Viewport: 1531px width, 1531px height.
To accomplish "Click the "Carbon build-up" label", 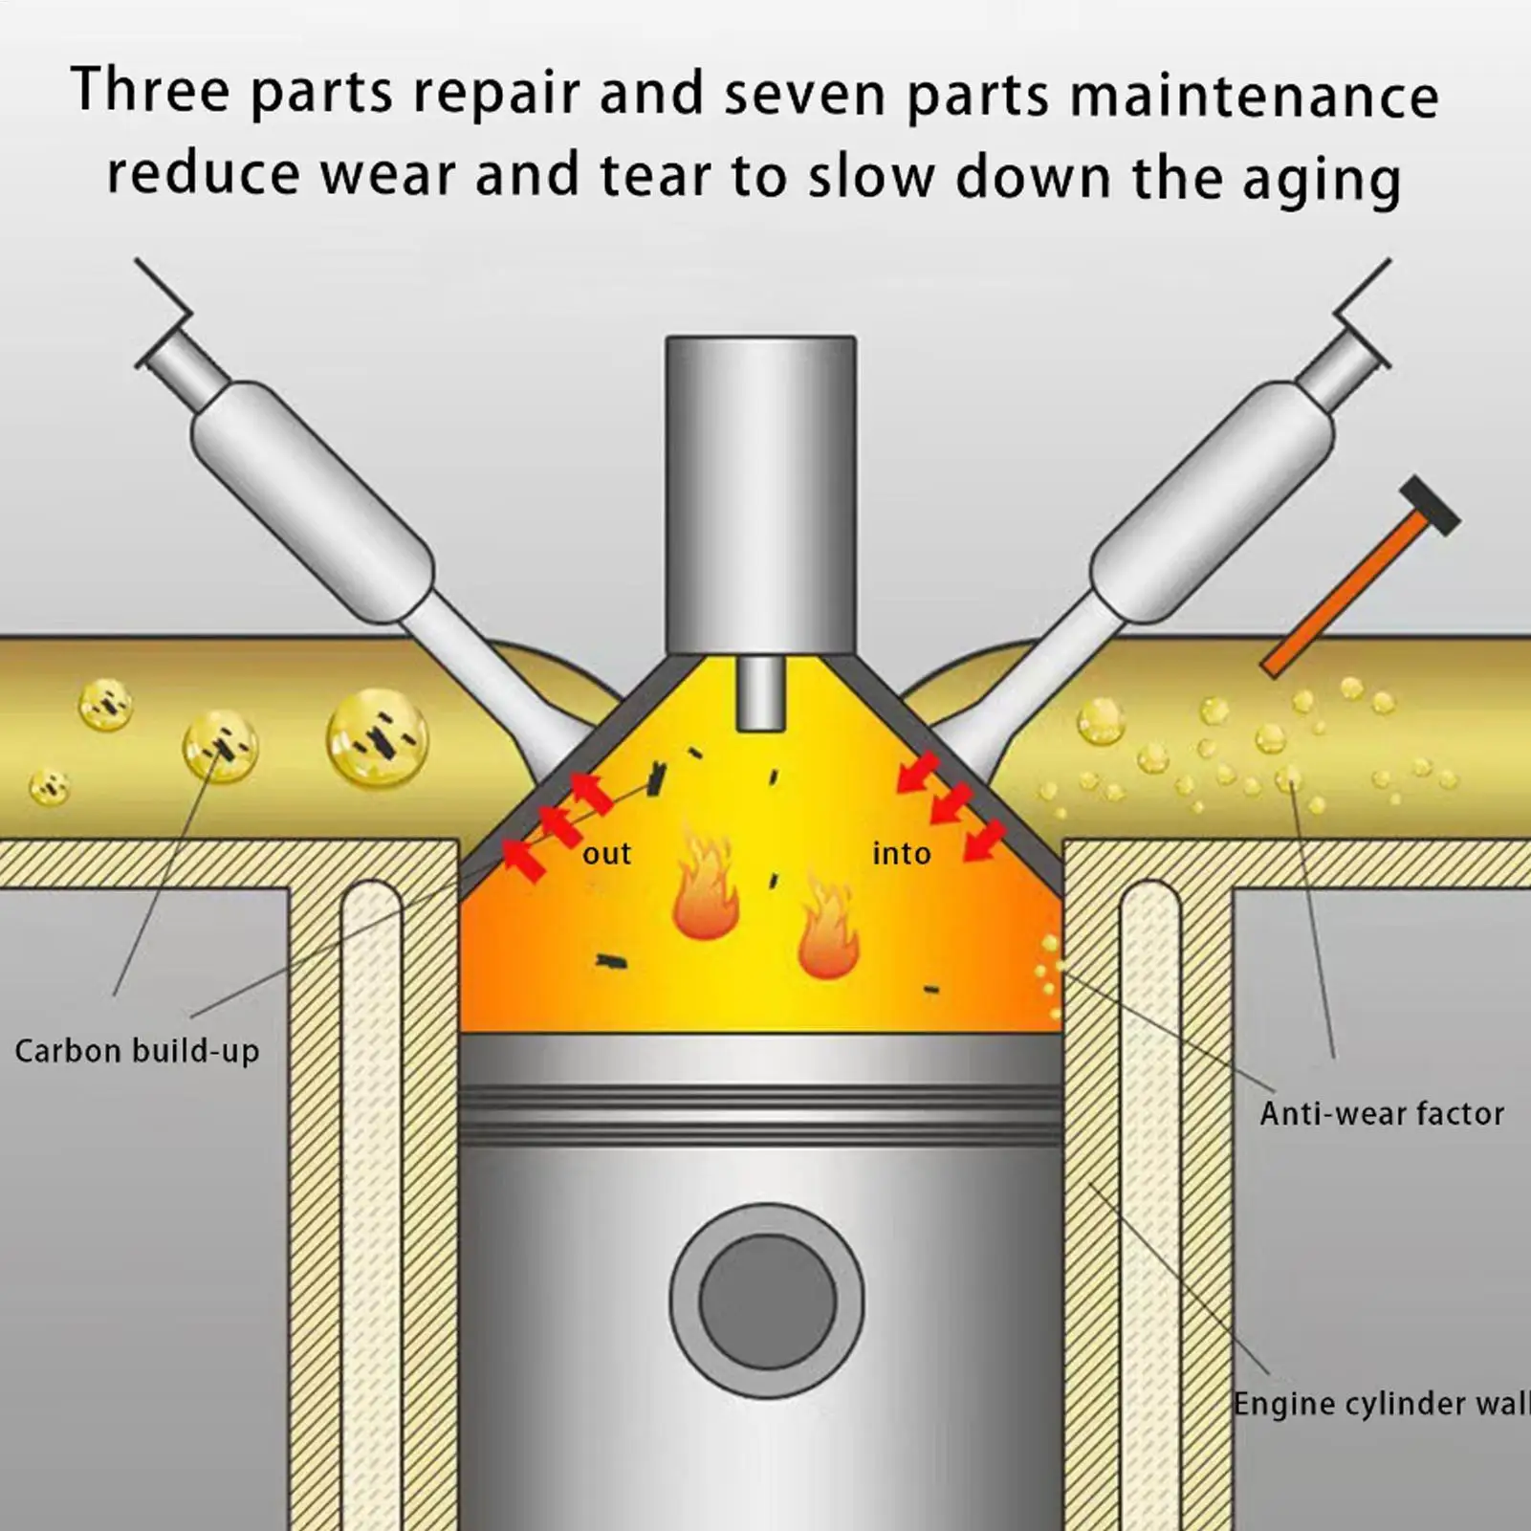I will [137, 1051].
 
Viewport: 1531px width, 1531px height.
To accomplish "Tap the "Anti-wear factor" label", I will [1381, 1113].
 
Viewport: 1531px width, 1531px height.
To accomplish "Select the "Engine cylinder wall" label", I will [1380, 1404].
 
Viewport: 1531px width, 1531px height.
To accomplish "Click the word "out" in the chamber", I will [606, 853].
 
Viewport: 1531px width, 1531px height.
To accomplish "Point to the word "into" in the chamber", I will [901, 853].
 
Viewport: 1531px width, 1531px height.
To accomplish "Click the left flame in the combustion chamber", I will [705, 889].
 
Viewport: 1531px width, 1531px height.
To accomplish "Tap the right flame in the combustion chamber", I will [828, 932].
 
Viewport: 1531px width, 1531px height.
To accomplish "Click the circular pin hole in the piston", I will [767, 1301].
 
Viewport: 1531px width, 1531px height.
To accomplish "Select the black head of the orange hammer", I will [1430, 506].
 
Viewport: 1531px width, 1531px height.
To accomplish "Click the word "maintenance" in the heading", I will [1254, 97].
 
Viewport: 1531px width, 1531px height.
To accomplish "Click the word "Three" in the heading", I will [150, 92].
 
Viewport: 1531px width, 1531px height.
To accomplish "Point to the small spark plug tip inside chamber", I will [761, 693].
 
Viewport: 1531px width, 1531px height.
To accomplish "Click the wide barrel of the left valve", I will [312, 502].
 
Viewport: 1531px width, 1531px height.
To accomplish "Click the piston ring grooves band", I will [760, 1113].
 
